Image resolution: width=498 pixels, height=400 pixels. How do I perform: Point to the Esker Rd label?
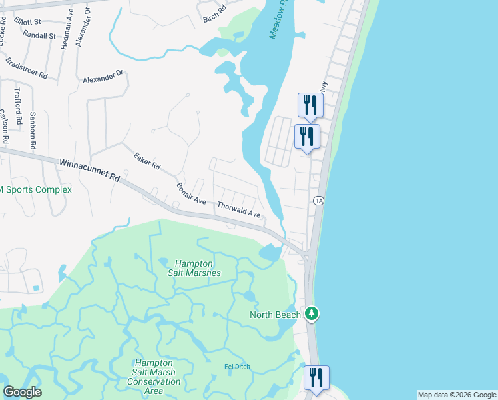coord(147,161)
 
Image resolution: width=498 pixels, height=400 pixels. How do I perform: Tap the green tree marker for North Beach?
coord(311,313)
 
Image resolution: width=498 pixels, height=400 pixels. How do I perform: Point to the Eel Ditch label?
coord(236,367)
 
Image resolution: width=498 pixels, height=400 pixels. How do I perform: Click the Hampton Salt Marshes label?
coord(198,268)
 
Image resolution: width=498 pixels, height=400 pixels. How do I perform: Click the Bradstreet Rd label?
coord(27,68)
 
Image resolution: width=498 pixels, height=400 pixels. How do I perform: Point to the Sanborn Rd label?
coord(32,125)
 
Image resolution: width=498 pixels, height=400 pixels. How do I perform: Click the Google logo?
coord(22,392)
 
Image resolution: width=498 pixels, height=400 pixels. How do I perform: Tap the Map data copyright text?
coord(456,395)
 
